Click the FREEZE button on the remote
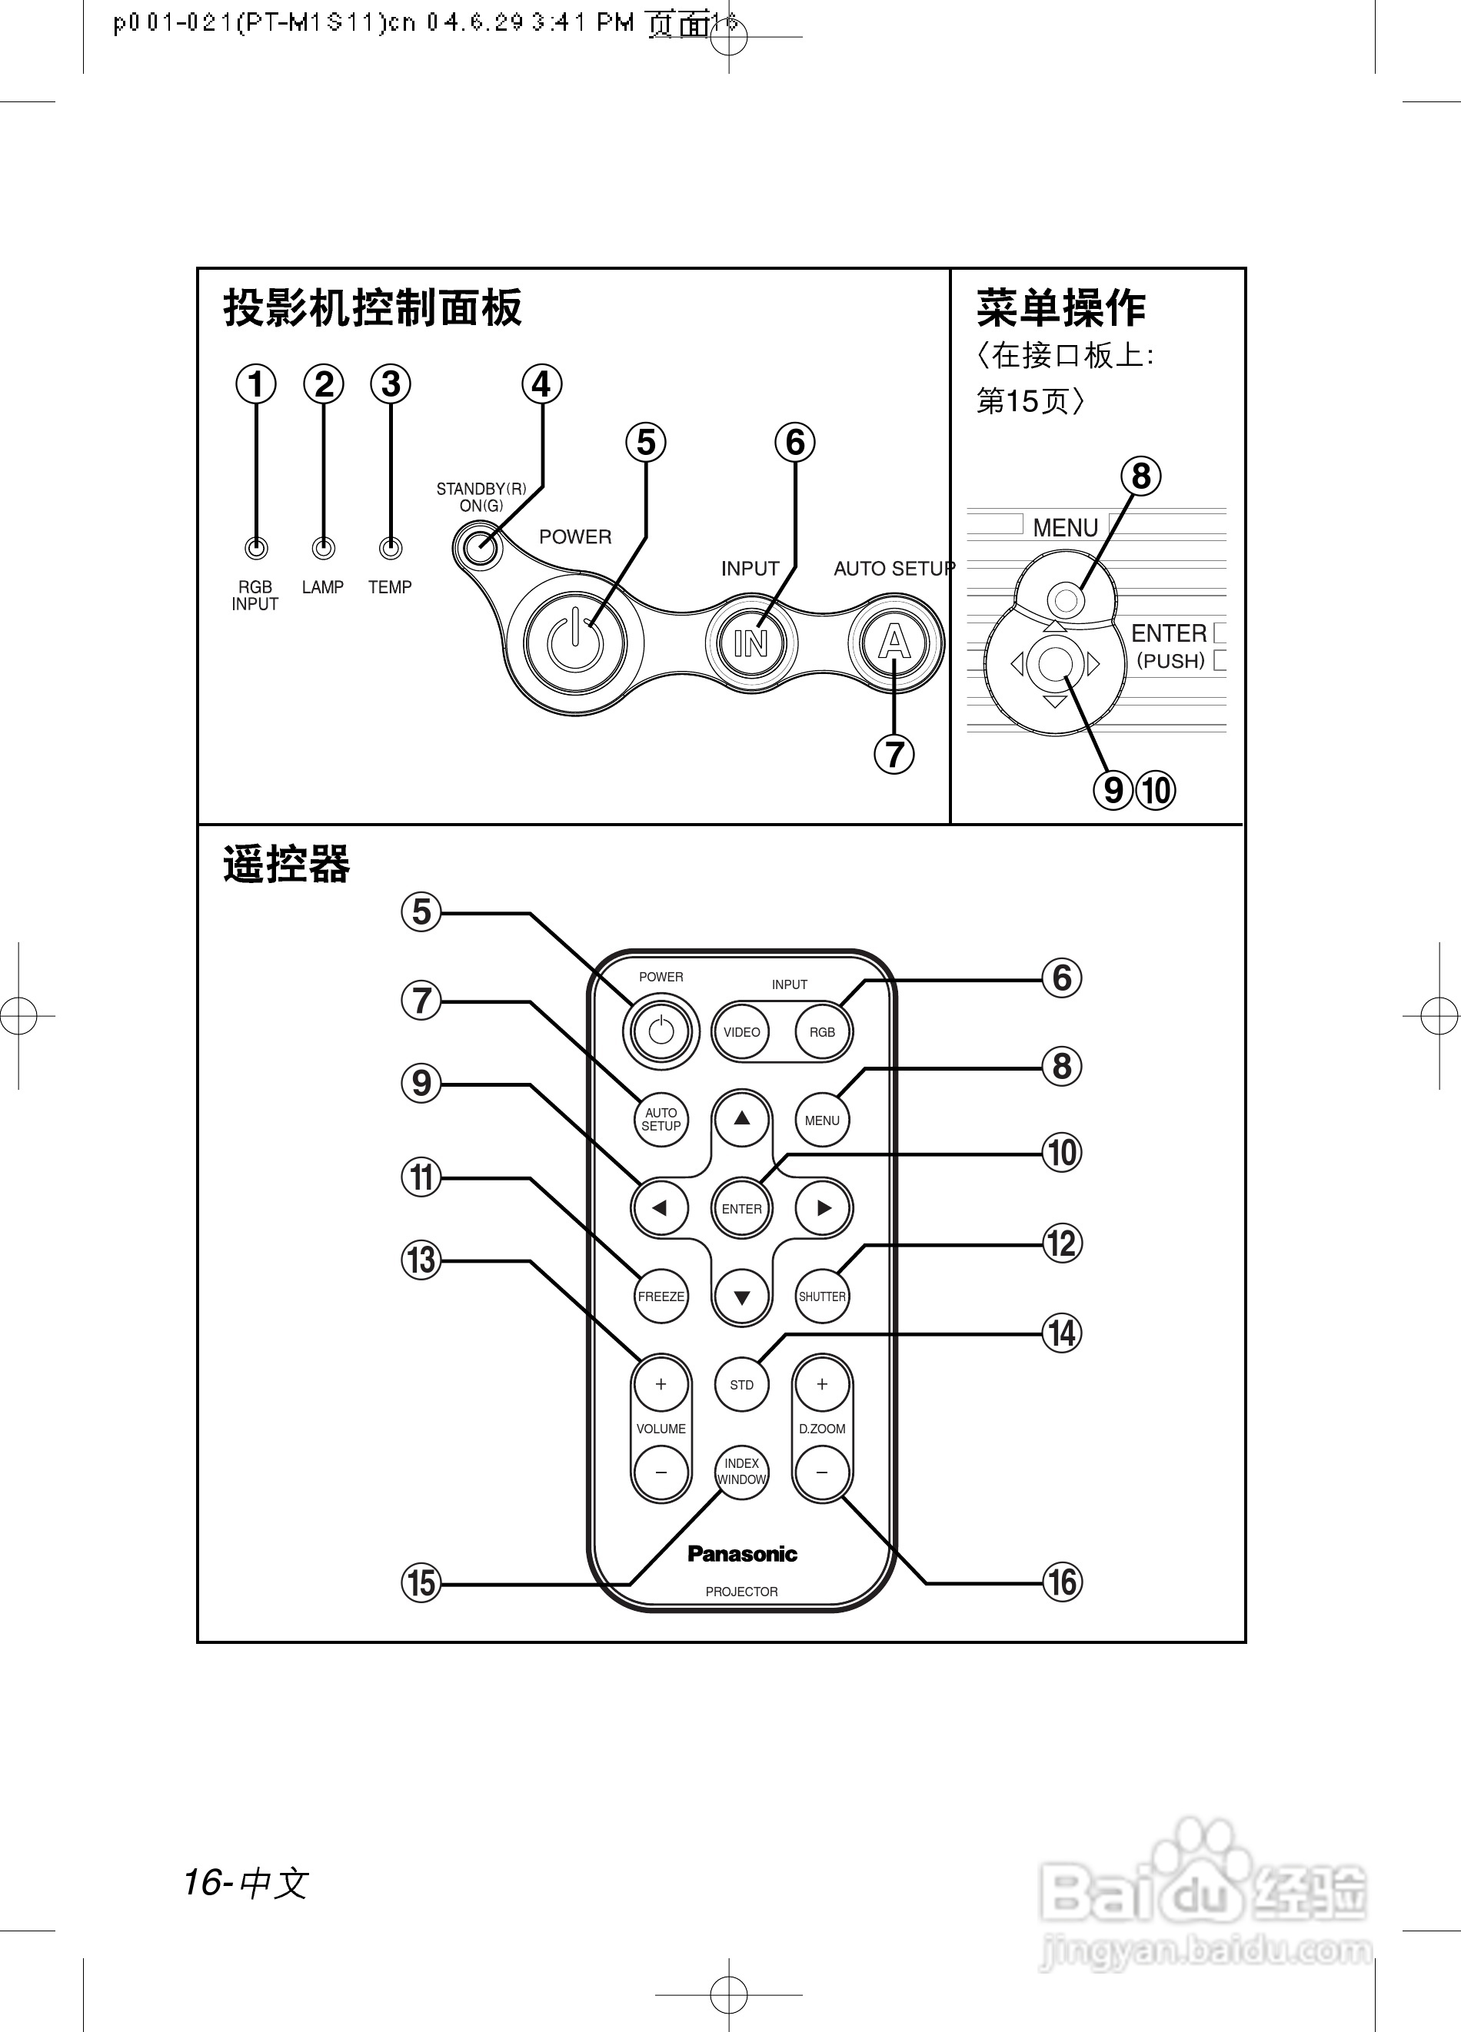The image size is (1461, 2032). [x=661, y=1296]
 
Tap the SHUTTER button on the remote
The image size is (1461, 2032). [x=822, y=1296]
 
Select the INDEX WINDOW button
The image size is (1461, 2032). [x=741, y=1471]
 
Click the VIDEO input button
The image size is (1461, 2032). [x=741, y=1032]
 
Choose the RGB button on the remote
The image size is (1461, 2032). [x=822, y=1032]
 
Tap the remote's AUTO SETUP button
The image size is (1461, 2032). [x=661, y=1119]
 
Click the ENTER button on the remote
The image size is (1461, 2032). [x=741, y=1209]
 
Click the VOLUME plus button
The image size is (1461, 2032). [x=661, y=1384]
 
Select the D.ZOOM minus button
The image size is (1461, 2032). [x=822, y=1472]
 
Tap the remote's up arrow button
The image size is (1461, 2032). [x=741, y=1118]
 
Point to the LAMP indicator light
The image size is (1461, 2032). [x=323, y=547]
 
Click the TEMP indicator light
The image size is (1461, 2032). [x=390, y=547]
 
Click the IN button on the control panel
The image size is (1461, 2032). [x=750, y=642]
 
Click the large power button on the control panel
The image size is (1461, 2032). [x=574, y=642]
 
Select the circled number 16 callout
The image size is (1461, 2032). [x=1062, y=1582]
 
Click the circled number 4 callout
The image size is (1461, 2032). [x=541, y=384]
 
